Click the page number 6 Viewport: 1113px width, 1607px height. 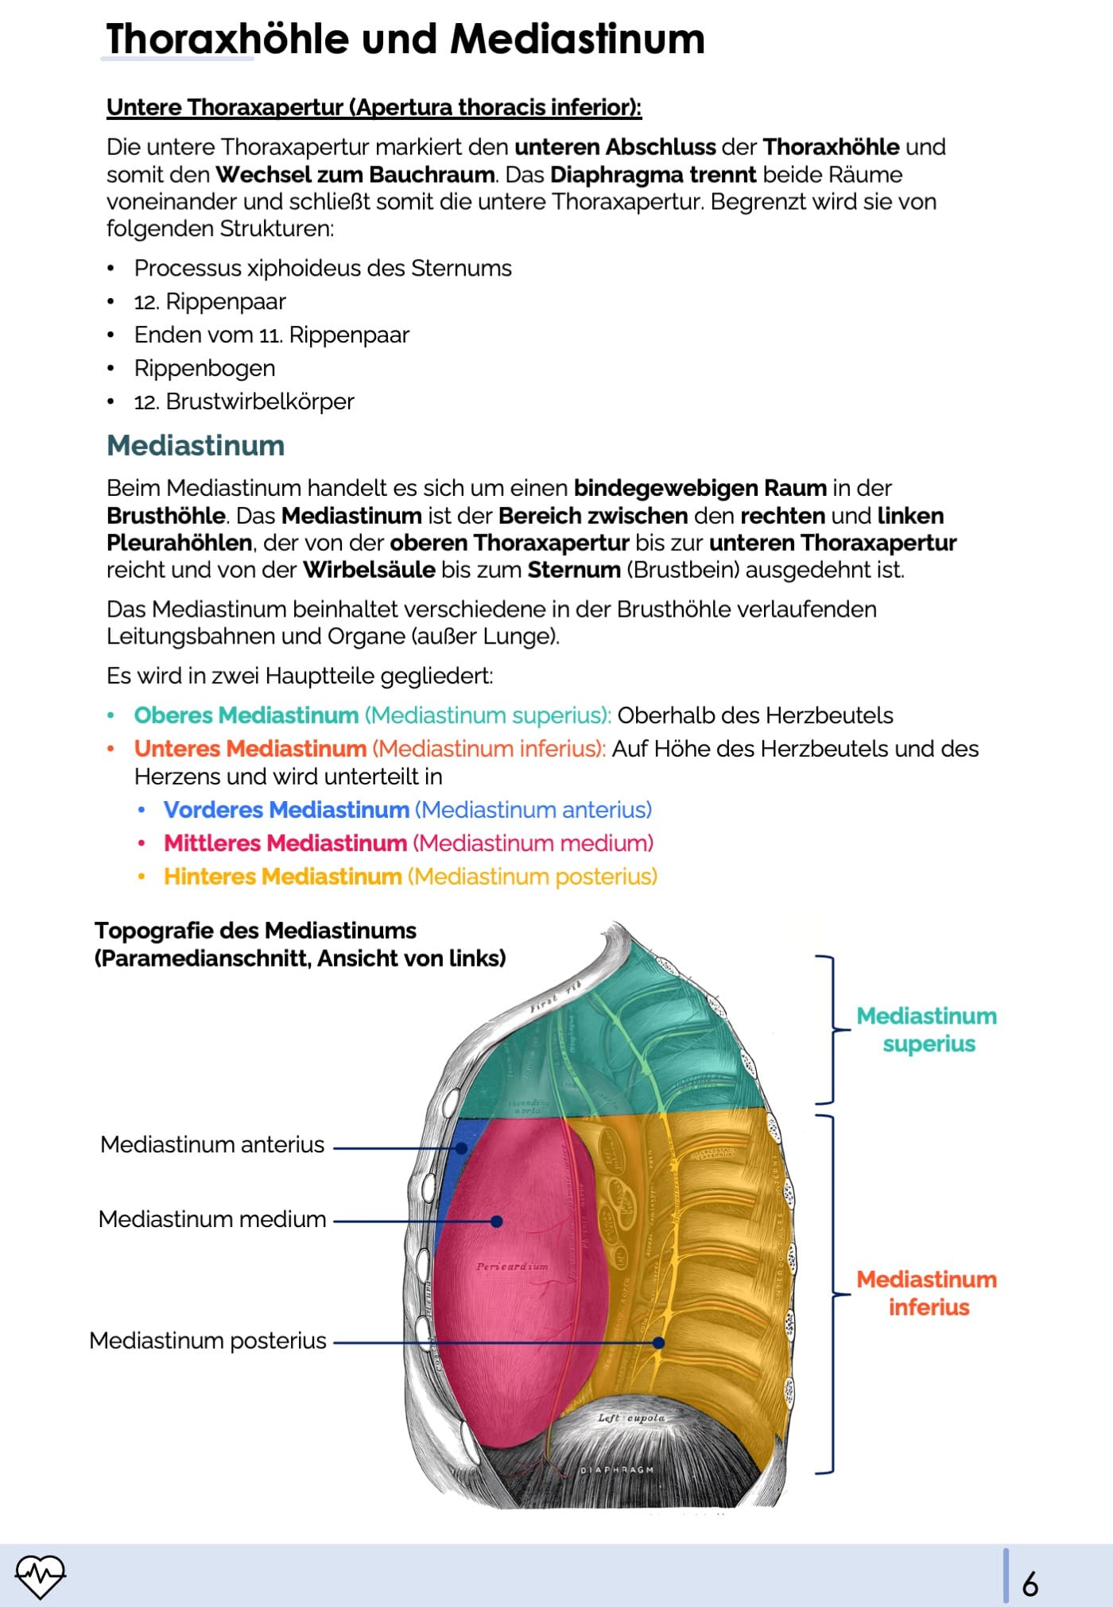pyautogui.click(x=1030, y=1584)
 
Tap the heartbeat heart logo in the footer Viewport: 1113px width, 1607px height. pyautogui.click(x=40, y=1575)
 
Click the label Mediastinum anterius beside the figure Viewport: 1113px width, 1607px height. pyautogui.click(x=212, y=1144)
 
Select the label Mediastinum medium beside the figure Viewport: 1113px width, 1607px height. pyautogui.click(x=212, y=1219)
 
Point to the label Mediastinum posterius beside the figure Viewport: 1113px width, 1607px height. pyautogui.click(x=207, y=1341)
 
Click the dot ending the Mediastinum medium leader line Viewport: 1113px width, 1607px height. pyautogui.click(x=496, y=1222)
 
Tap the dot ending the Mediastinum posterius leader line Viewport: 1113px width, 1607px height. pyautogui.click(x=658, y=1342)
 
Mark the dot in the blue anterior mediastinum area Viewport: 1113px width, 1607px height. pyautogui.click(x=461, y=1148)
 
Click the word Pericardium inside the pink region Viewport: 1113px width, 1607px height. pyautogui.click(x=512, y=1267)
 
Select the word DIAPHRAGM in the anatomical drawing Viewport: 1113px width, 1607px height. pyautogui.click(x=617, y=1470)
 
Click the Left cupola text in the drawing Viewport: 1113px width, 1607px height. pyautogui.click(x=631, y=1418)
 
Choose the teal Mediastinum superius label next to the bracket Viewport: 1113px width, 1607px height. pyautogui.click(x=927, y=1030)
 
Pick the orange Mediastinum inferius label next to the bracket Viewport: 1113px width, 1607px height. pyautogui.click(x=927, y=1293)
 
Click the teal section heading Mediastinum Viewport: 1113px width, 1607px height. pyautogui.click(x=196, y=446)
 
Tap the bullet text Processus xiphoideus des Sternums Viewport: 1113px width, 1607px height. pyautogui.click(x=323, y=269)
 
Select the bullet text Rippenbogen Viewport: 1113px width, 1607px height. pyautogui.click(x=204, y=369)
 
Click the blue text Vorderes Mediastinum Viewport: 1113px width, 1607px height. pyautogui.click(x=286, y=810)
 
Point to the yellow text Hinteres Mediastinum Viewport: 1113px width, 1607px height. pyautogui.click(x=282, y=877)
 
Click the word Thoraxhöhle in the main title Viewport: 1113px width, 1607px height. pyautogui.click(x=227, y=39)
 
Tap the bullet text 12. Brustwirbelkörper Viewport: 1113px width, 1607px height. pyautogui.click(x=244, y=402)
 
